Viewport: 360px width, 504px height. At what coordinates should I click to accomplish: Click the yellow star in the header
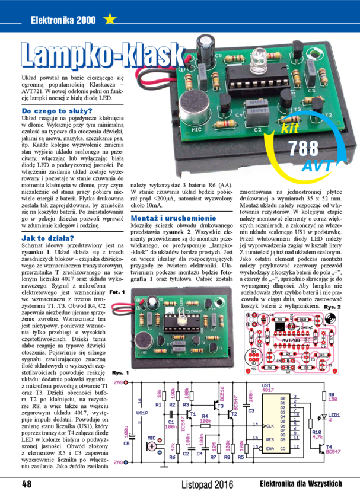coord(109,20)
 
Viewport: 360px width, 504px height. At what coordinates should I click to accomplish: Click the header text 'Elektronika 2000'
coord(63,20)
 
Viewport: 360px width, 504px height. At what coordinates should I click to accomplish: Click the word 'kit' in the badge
coord(290,128)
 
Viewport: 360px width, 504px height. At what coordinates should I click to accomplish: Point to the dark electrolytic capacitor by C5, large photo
coord(206,47)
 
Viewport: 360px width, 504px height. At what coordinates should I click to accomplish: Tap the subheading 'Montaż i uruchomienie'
coord(174,219)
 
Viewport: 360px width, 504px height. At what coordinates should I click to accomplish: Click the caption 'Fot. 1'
coord(117,292)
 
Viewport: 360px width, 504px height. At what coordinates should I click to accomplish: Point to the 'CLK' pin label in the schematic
coord(270,426)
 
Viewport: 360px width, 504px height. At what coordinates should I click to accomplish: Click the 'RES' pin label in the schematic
coord(270,439)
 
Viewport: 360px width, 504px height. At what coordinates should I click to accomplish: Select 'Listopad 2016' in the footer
coord(208,484)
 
